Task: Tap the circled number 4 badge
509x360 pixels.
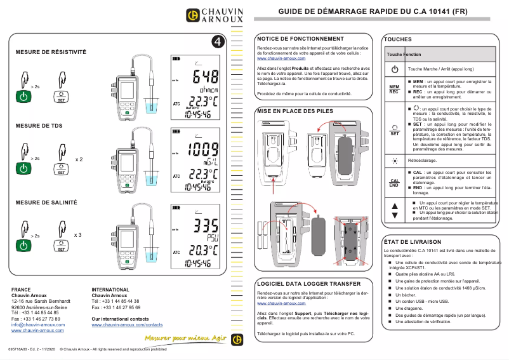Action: (218, 41)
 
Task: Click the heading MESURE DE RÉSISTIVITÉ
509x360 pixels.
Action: (51, 51)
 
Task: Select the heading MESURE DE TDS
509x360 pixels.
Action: (39, 126)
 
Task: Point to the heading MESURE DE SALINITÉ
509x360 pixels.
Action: (46, 202)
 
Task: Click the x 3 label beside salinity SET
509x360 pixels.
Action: (79, 235)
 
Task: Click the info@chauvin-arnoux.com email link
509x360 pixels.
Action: (37, 324)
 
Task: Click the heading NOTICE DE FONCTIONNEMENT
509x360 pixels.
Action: (300, 39)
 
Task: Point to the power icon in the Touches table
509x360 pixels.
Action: (394, 69)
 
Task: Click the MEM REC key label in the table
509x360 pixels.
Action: (394, 88)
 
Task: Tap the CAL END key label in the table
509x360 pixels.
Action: (394, 183)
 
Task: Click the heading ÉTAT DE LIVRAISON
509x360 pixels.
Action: (413, 242)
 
